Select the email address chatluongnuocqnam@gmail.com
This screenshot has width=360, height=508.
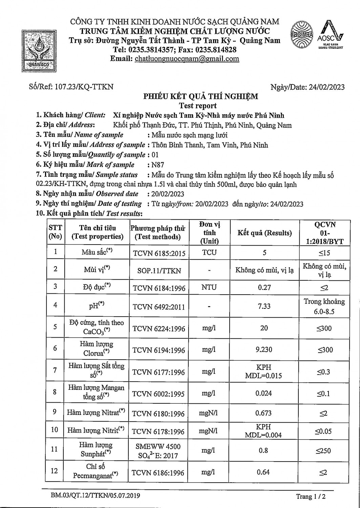pyautogui.click(x=187, y=59)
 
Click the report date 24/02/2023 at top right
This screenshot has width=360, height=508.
pyautogui.click(x=326, y=87)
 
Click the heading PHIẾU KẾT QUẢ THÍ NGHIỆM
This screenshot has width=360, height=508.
pyautogui.click(x=200, y=97)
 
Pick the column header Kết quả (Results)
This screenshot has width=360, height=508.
pyautogui.click(x=264, y=233)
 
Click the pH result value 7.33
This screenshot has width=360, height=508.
pyautogui.click(x=264, y=306)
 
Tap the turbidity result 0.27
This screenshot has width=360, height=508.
pyautogui.click(x=264, y=288)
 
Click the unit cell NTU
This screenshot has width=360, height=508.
pyautogui.click(x=209, y=288)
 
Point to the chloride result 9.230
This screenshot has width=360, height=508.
pyautogui.click(x=264, y=350)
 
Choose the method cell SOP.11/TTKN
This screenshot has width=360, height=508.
pyautogui.click(x=159, y=271)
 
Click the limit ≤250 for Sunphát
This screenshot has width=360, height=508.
pyautogui.click(x=323, y=451)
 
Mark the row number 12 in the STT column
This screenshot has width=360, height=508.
pyautogui.click(x=55, y=471)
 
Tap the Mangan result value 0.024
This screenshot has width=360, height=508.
pyautogui.click(x=264, y=394)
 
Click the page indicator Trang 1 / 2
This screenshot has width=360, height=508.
pyautogui.click(x=311, y=497)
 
